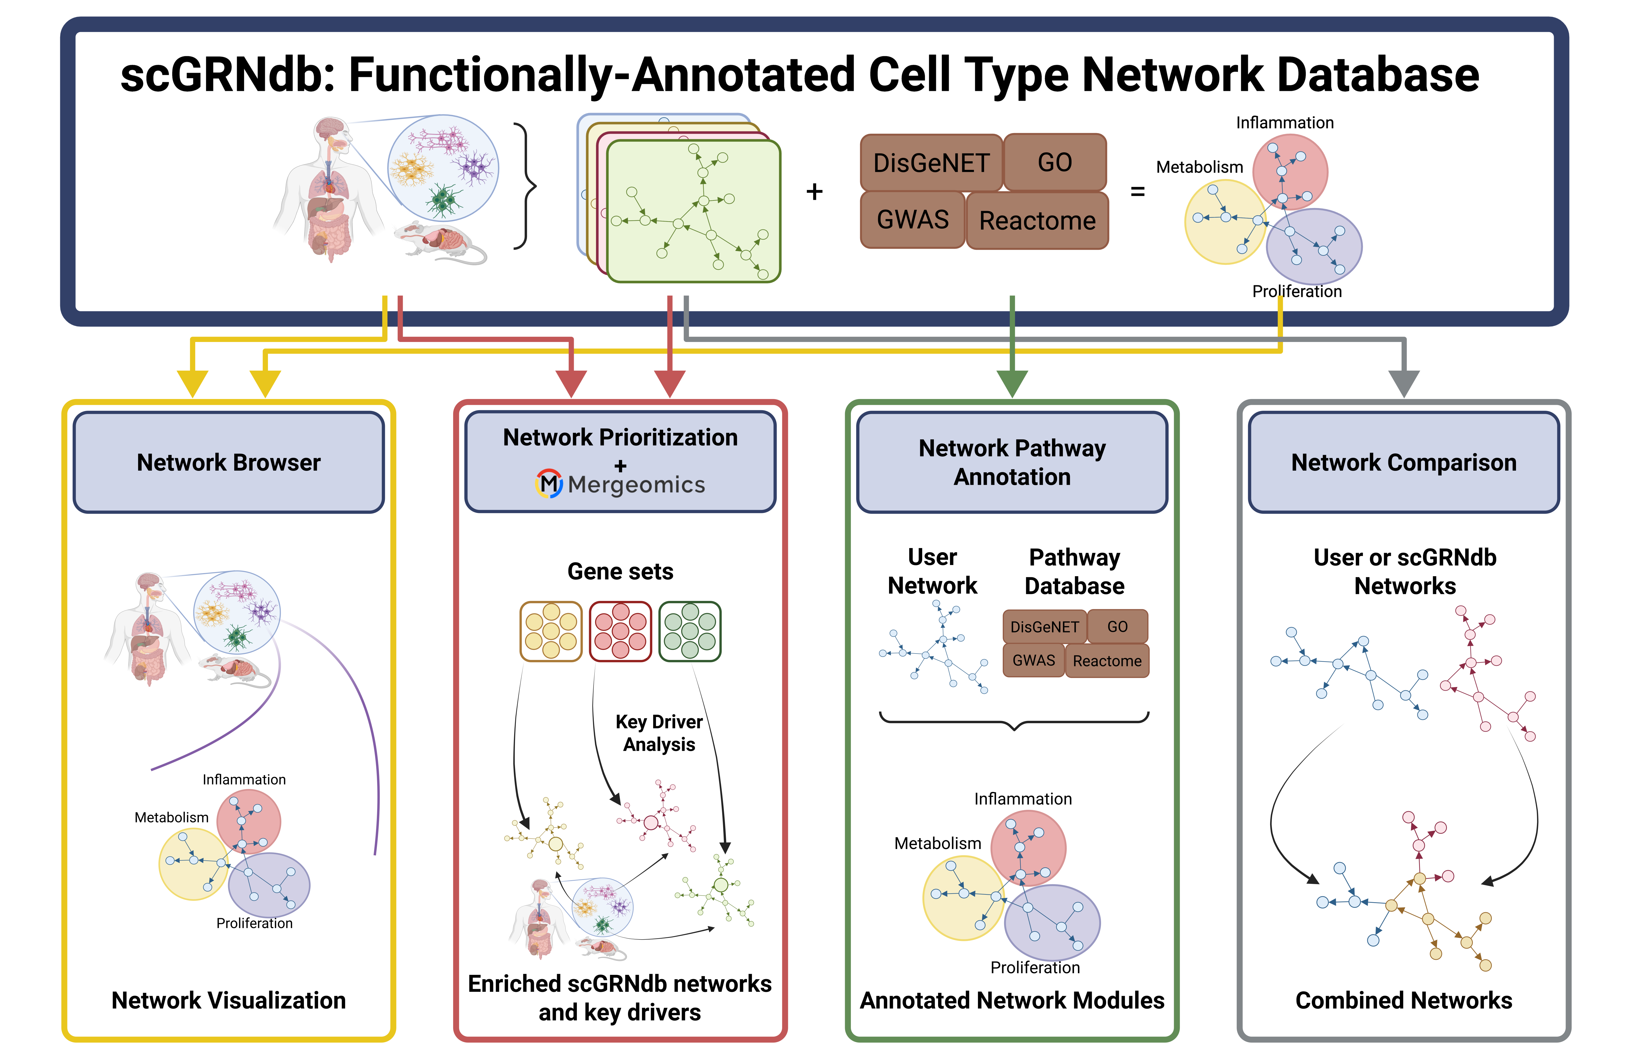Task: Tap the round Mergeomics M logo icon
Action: [x=548, y=484]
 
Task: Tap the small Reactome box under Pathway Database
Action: [x=1107, y=661]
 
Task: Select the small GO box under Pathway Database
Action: [x=1117, y=626]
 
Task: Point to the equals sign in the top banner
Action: [x=1138, y=192]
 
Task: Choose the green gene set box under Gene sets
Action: [x=690, y=631]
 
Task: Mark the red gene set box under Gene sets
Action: [x=620, y=631]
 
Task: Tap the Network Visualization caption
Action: [x=228, y=1000]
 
